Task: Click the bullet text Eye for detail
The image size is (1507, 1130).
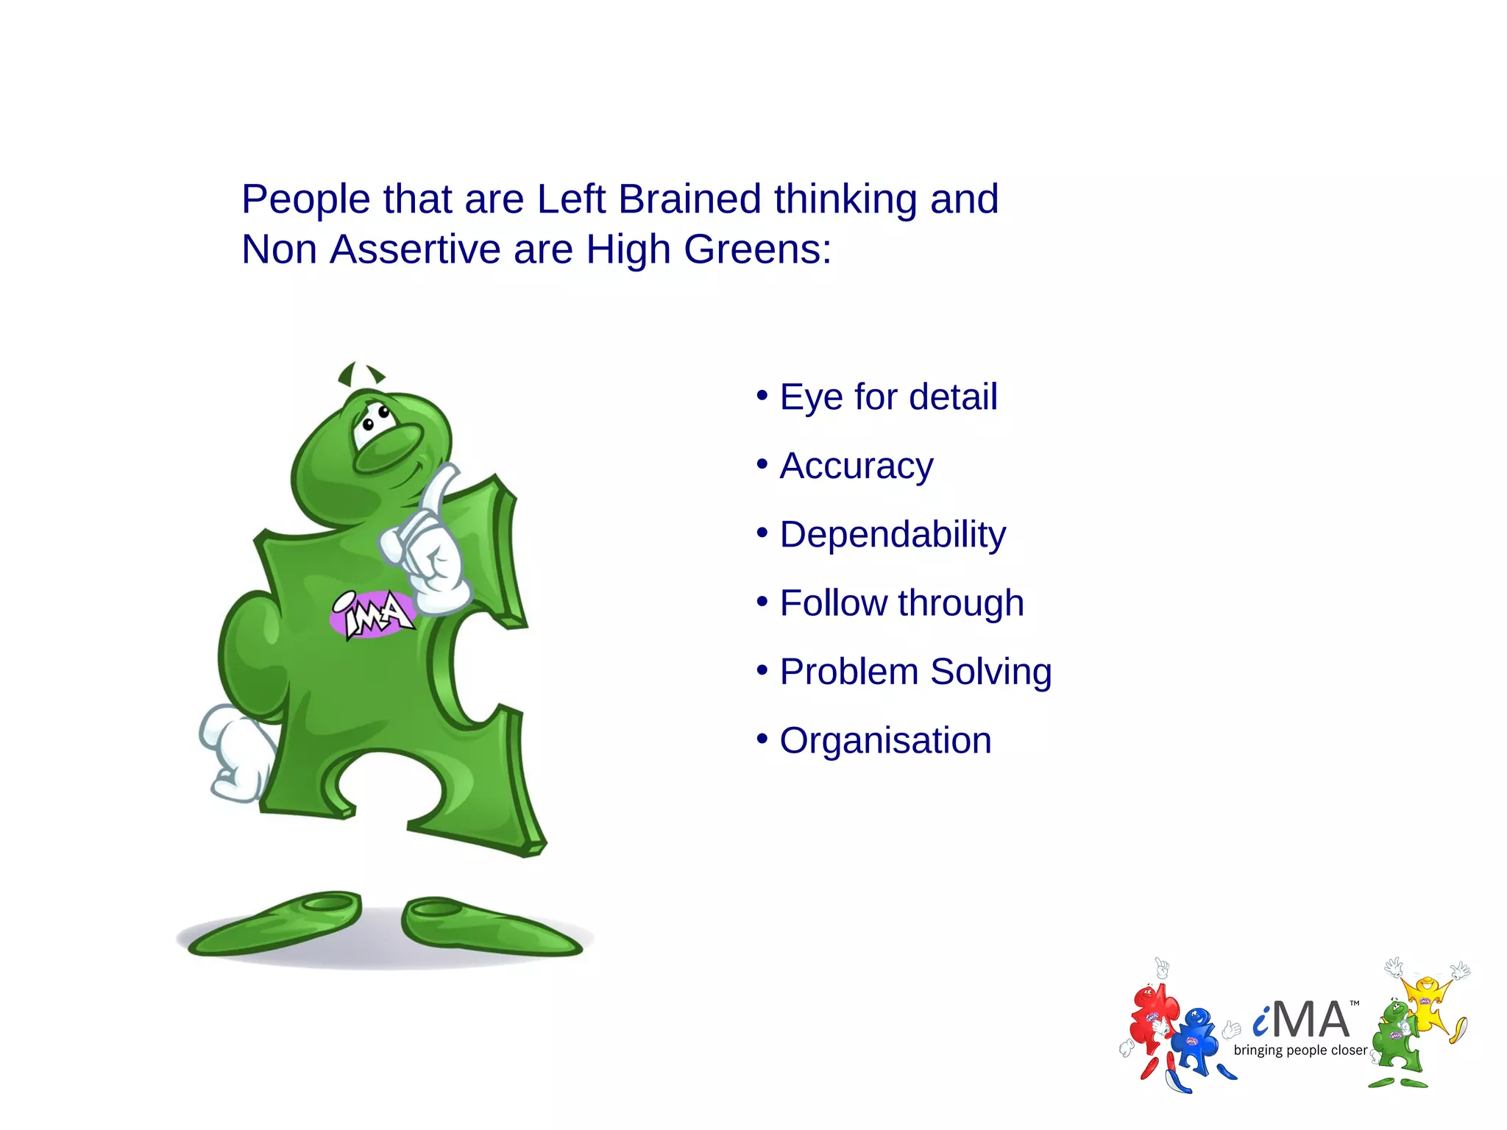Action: [888, 397]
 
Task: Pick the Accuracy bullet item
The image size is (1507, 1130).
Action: [857, 466]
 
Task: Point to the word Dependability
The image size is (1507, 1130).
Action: [893, 535]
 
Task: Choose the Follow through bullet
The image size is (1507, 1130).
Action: [901, 603]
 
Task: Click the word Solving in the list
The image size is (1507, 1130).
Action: [990, 672]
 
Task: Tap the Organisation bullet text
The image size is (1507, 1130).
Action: [885, 741]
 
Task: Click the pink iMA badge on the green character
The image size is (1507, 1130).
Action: [372, 614]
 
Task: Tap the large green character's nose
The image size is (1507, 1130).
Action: [388, 448]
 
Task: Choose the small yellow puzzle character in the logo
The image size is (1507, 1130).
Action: [1427, 1001]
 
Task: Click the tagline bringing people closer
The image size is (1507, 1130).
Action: [1300, 1051]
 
